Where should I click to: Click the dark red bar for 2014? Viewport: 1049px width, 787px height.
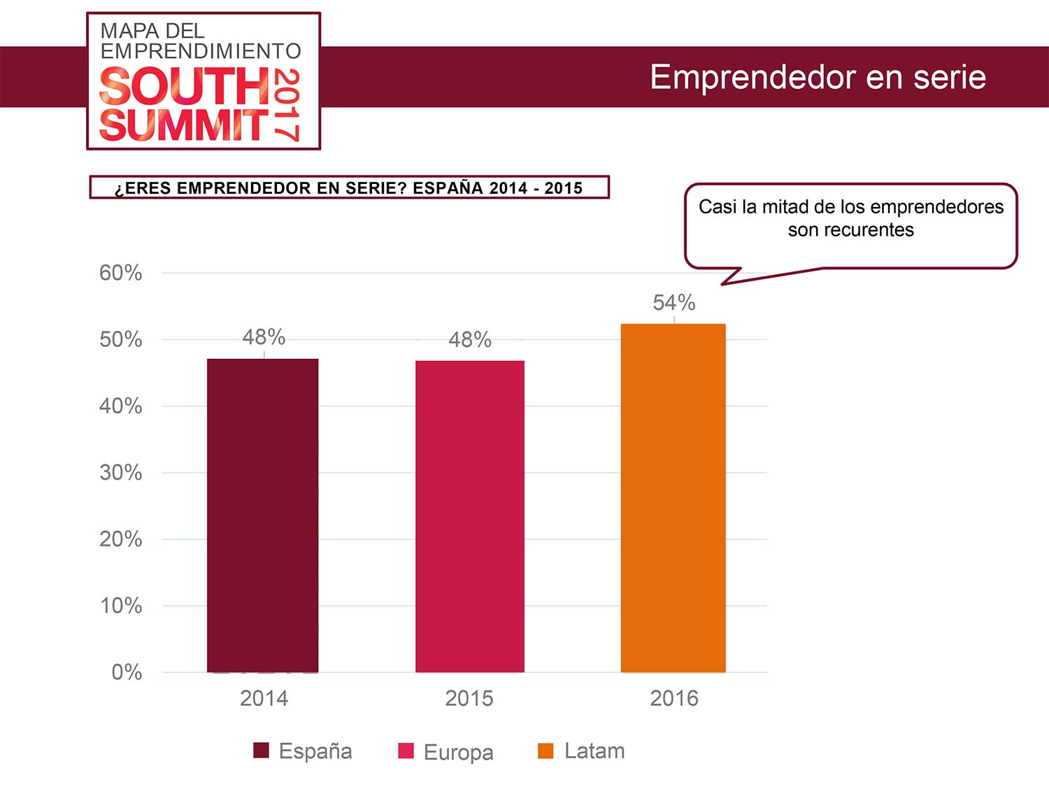point(263,516)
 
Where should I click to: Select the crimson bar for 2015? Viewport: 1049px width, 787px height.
point(470,516)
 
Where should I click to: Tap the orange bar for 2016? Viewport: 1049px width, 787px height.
point(673,498)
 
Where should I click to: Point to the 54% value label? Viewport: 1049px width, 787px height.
point(674,303)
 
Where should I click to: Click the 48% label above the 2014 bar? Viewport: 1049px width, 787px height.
point(264,337)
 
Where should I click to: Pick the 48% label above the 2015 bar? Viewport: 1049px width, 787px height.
point(470,340)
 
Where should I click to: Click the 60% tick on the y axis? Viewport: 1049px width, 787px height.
point(121,273)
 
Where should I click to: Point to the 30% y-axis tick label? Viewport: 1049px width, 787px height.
point(121,473)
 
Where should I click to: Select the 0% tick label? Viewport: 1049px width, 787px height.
point(127,672)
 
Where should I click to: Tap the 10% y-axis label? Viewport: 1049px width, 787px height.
point(121,606)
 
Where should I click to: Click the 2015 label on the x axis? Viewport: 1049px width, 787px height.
point(469,698)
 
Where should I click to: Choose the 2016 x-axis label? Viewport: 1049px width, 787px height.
point(674,698)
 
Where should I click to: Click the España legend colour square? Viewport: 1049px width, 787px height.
point(261,751)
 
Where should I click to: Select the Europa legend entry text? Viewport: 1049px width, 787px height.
point(459,752)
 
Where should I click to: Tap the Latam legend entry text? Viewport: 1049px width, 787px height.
point(594,751)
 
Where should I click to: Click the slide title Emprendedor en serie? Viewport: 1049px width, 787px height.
point(818,77)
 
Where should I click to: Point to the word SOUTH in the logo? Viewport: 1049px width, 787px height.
point(185,87)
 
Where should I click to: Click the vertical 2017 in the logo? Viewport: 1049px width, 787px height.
point(287,105)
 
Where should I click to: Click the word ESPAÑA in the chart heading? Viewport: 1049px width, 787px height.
point(448,188)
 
